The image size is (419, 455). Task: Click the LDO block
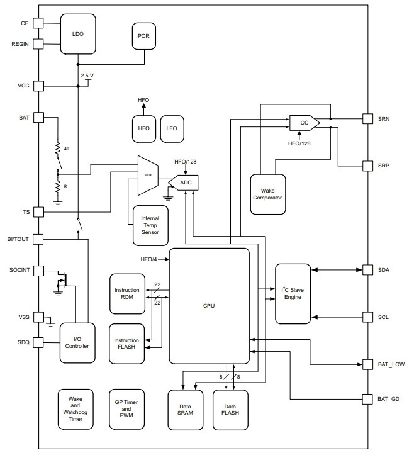pos(78,34)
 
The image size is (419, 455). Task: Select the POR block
pos(143,36)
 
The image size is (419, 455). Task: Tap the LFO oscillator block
pos(172,129)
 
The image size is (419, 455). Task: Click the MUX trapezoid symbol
pos(148,176)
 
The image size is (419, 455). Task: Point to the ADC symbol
pos(183,183)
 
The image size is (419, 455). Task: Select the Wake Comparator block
pos(267,194)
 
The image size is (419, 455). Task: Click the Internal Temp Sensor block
pos(150,225)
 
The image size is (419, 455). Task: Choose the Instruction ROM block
pos(127,294)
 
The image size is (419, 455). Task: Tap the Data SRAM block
pos(185,410)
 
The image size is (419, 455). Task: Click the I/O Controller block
pos(77,343)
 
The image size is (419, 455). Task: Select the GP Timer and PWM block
pos(126,409)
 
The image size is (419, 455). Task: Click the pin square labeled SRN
pos(367,119)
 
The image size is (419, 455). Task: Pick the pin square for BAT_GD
pos(367,399)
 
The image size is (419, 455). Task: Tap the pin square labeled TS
pos(38,212)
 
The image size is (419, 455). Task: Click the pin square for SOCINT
pos(38,271)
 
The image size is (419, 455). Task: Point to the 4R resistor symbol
pos(58,147)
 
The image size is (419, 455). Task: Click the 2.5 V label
pos(87,76)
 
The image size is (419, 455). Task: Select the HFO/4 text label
pos(148,259)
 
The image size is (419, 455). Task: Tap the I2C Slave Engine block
pos(293,294)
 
